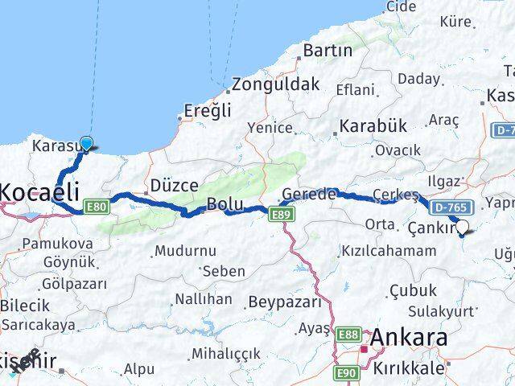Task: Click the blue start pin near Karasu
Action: point(86,144)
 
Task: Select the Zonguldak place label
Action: point(278,84)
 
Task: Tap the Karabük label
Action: point(373,126)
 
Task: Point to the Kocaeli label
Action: point(40,191)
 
